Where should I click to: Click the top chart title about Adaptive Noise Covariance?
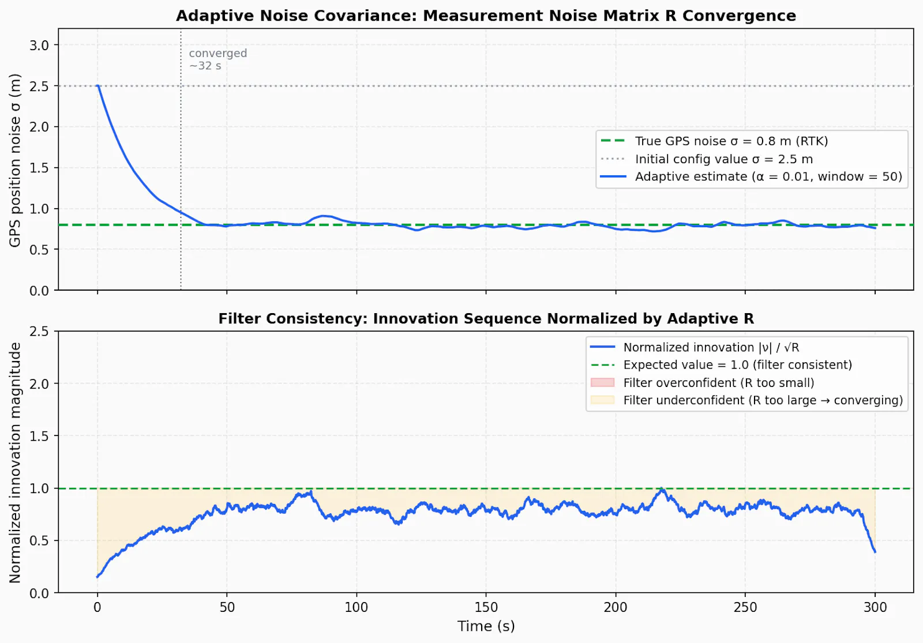[486, 16]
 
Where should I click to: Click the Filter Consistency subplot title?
[486, 318]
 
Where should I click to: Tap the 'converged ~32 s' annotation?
[218, 59]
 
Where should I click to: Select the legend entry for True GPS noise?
[714, 141]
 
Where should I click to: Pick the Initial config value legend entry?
[706, 159]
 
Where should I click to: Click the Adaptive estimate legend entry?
[751, 176]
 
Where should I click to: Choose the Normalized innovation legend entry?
[695, 347]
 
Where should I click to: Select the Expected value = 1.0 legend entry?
[721, 364]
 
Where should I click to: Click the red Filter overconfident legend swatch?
[602, 382]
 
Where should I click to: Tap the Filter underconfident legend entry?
[746, 400]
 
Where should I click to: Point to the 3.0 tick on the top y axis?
[39, 45]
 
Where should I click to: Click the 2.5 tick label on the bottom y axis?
[39, 331]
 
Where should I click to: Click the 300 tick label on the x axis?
[875, 607]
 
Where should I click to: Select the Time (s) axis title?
[486, 626]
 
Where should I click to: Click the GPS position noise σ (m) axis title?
[15, 160]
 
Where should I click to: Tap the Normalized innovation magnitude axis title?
[15, 462]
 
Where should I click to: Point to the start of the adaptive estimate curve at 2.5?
[97, 86]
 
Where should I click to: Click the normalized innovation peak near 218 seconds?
[662, 489]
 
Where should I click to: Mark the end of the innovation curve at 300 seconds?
[875, 552]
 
